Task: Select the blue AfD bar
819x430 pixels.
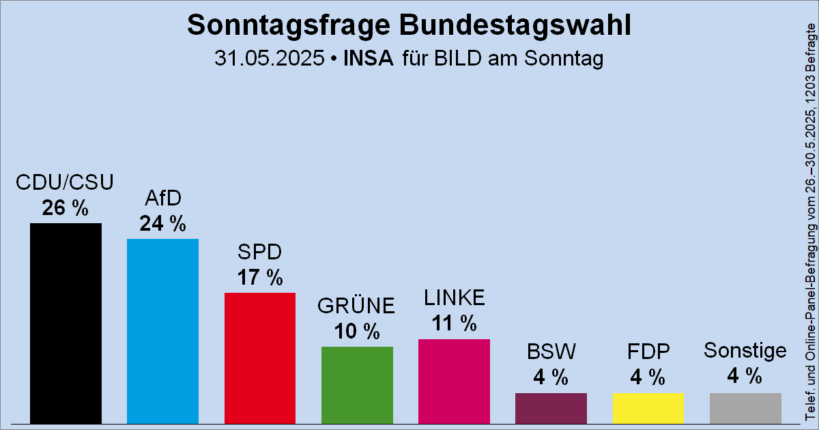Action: pyautogui.click(x=162, y=331)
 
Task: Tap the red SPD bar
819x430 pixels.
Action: pyautogui.click(x=260, y=358)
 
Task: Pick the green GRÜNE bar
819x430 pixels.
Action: pyautogui.click(x=357, y=385)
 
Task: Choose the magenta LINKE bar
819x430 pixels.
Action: pyautogui.click(x=454, y=381)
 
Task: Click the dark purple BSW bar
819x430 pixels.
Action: pyautogui.click(x=551, y=408)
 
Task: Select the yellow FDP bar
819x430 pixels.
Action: pyautogui.click(x=648, y=408)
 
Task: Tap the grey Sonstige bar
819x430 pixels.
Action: pyautogui.click(x=745, y=408)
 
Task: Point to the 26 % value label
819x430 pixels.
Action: pyautogui.click(x=66, y=208)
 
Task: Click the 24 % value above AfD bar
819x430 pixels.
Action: pyautogui.click(x=162, y=223)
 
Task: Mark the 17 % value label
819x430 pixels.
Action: pyautogui.click(x=260, y=278)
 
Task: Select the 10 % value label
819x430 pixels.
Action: pyautogui.click(x=357, y=332)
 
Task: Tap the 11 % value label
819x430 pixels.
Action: pyautogui.click(x=454, y=324)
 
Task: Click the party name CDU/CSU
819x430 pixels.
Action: pyautogui.click(x=66, y=182)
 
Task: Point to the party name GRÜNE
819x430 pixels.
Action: pyautogui.click(x=357, y=306)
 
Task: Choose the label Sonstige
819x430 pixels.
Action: pyautogui.click(x=745, y=351)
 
